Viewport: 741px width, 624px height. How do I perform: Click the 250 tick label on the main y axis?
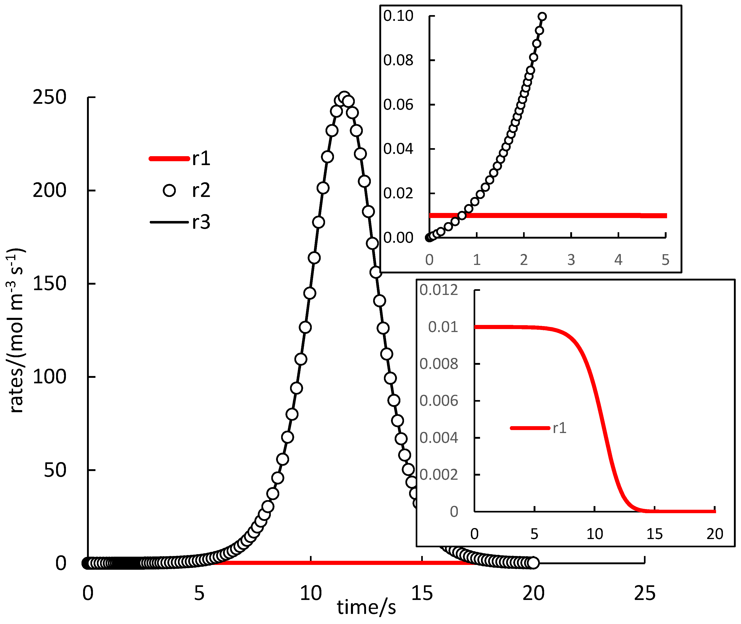[49, 97]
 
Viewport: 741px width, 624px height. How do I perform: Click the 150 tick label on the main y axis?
[49, 284]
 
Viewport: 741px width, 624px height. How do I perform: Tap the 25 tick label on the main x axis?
[644, 593]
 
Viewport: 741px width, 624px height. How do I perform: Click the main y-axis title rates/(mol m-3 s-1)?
[16, 330]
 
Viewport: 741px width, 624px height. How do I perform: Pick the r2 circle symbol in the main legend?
[169, 190]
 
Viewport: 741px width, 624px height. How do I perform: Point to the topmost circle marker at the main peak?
[344, 97]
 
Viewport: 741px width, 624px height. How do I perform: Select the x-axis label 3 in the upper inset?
[571, 260]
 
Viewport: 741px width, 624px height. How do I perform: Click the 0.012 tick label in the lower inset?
[438, 290]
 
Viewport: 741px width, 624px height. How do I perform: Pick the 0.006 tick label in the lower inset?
[438, 401]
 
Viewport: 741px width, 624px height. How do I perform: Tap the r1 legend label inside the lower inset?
[559, 428]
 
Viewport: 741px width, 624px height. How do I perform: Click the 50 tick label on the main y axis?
[54, 470]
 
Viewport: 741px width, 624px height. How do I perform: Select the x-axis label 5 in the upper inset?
[665, 260]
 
